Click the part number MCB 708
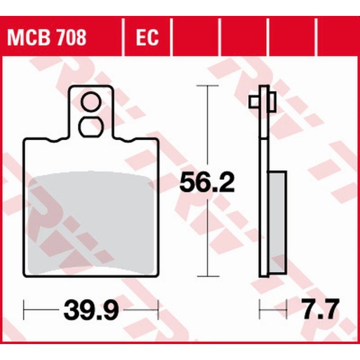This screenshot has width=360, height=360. (x=46, y=37)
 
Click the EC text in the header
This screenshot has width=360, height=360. (x=147, y=37)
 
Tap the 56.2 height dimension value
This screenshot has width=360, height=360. (x=206, y=183)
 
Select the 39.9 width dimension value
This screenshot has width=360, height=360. (x=90, y=311)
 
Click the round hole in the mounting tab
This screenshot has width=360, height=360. (x=91, y=104)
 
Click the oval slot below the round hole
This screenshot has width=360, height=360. (x=91, y=127)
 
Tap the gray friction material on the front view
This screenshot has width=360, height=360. (x=91, y=224)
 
